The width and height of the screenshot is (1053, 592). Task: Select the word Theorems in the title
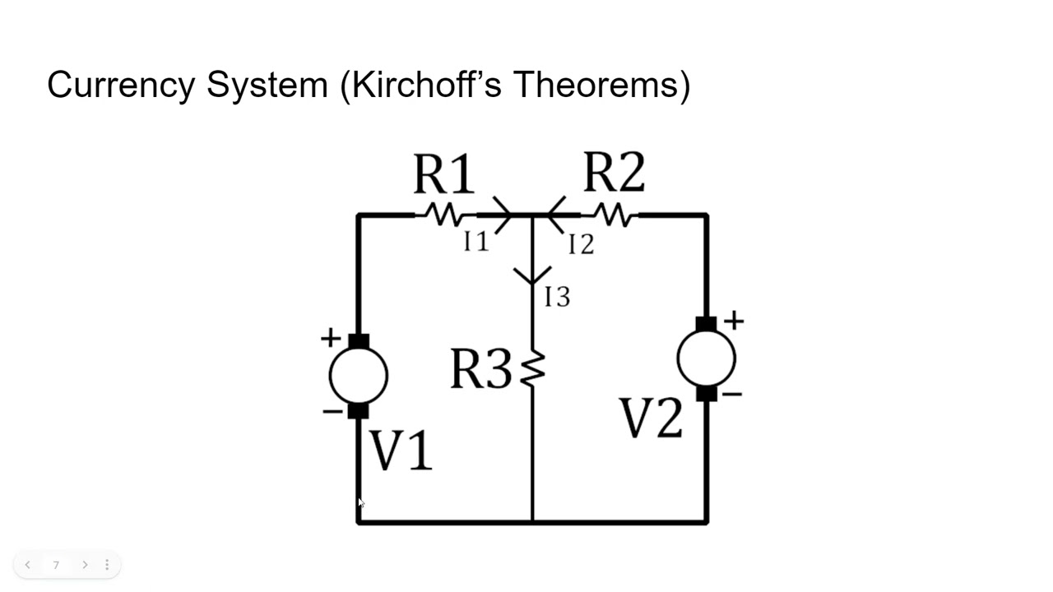click(601, 85)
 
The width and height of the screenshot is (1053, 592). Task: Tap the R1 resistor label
click(443, 174)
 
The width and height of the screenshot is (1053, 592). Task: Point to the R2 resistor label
click(614, 173)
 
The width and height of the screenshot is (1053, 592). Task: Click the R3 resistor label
click(480, 369)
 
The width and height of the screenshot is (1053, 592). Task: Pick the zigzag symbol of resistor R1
click(444, 215)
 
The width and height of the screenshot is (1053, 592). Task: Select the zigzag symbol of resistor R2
click(614, 215)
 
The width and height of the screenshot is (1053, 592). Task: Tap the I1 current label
click(476, 241)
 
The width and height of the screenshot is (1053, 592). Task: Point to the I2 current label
click(581, 244)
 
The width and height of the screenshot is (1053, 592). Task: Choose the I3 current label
click(557, 297)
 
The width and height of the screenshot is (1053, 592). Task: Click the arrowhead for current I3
click(532, 275)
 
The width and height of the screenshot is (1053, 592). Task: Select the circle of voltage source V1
click(358, 376)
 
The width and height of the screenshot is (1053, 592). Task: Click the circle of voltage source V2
click(706, 358)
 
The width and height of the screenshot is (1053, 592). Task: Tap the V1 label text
click(401, 451)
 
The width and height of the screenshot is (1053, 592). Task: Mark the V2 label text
click(651, 419)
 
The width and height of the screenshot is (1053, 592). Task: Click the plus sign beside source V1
click(331, 337)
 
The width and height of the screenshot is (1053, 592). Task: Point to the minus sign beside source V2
click(732, 395)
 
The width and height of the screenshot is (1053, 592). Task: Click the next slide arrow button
click(85, 565)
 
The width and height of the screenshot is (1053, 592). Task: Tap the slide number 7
click(56, 565)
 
